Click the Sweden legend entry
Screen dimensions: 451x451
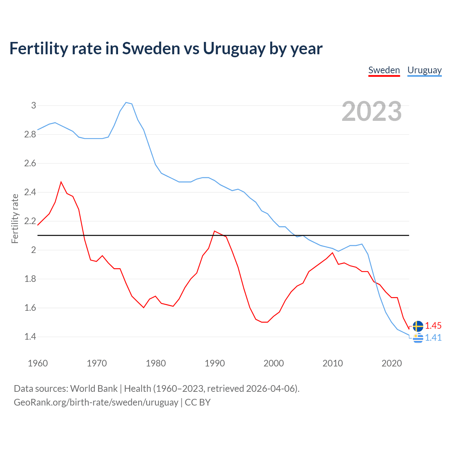coord(384,70)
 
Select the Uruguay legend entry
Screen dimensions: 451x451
coord(424,70)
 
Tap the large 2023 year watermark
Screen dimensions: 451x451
coord(372,111)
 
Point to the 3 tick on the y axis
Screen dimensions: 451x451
coord(34,105)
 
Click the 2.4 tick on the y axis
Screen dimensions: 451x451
coord(30,192)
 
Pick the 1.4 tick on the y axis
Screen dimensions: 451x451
coord(30,337)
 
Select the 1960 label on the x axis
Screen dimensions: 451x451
coord(38,363)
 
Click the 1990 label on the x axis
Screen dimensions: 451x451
coord(215,363)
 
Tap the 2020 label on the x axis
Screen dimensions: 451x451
coord(391,363)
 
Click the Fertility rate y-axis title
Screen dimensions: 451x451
coord(15,218)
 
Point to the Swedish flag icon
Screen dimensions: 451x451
coord(418,326)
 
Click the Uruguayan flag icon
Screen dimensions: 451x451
coord(418,338)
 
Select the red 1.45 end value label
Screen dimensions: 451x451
coord(433,326)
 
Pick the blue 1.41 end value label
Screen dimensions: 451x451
coord(433,338)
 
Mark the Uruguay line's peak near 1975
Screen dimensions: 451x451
coord(126,103)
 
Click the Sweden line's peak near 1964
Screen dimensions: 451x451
coord(61,182)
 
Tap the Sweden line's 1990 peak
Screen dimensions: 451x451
coord(215,231)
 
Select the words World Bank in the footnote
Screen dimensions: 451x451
coord(94,389)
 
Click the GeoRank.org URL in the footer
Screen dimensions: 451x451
coord(96,402)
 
